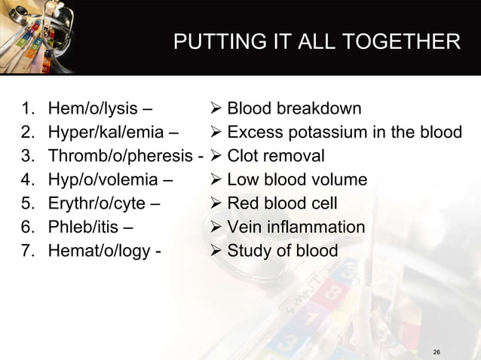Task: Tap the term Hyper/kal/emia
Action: coord(106,133)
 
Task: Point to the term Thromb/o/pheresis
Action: coord(120,157)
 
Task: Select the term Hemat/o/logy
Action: coord(97,250)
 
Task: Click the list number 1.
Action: coord(27,110)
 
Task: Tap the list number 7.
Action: coord(27,250)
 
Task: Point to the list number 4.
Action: coord(27,180)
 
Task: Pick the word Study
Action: coord(248,250)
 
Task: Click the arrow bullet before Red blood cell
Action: coord(214,203)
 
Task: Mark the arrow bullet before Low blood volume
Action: coord(214,180)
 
